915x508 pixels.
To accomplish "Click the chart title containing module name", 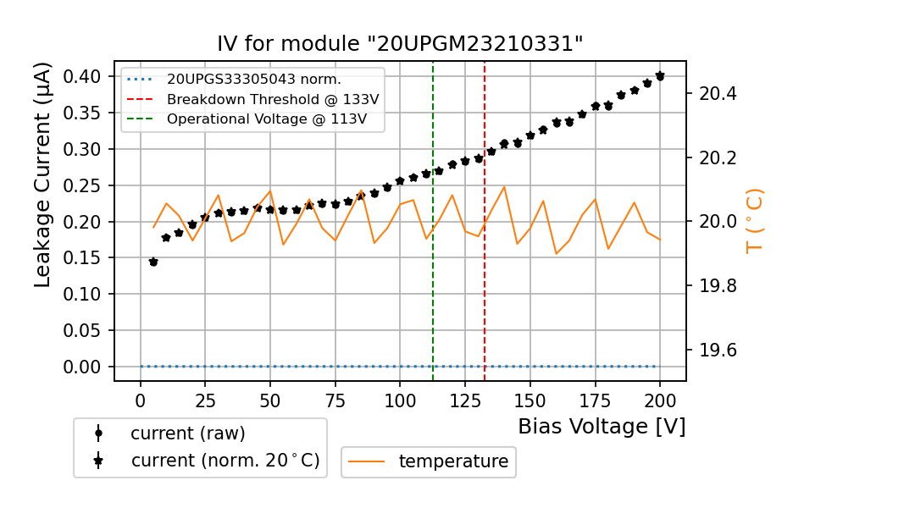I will click(400, 44).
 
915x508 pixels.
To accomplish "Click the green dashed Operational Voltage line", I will click(433, 279).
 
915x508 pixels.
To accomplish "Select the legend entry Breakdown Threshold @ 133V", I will click(272, 99).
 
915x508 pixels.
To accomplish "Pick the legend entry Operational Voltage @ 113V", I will click(266, 119).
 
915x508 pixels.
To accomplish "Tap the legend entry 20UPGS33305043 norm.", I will click(253, 80).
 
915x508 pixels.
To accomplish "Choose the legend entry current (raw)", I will click(187, 433).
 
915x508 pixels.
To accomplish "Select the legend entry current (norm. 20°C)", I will click(225, 461).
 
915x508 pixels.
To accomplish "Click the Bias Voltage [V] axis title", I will click(602, 426).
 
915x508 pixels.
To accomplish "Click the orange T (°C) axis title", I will click(754, 221).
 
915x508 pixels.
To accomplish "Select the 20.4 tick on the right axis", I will click(718, 93).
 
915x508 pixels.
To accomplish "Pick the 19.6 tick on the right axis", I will click(718, 351).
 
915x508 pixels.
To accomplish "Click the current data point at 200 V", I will click(660, 76).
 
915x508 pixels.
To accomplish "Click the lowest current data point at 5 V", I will click(153, 262).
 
